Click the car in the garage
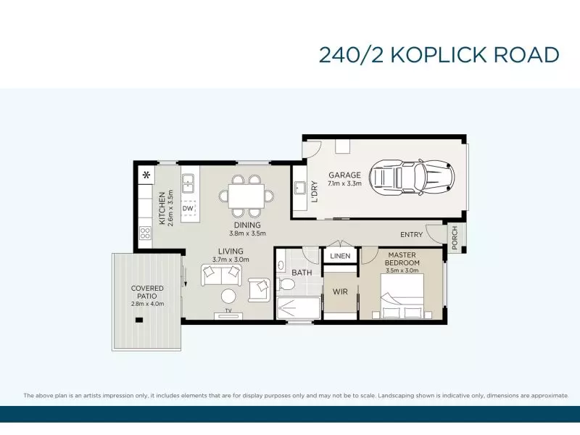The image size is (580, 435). (413, 177)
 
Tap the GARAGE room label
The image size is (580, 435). (344, 175)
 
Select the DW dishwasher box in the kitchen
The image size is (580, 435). (188, 208)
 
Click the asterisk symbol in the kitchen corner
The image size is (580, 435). (147, 175)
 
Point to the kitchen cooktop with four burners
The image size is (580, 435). (145, 233)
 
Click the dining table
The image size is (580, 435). (246, 196)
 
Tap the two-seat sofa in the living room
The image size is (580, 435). (221, 275)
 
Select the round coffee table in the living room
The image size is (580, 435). (228, 296)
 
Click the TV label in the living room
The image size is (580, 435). (228, 311)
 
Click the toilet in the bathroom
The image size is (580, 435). (286, 284)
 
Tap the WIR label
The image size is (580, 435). (340, 292)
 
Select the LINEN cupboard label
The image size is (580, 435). (340, 256)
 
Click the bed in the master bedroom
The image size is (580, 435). (402, 296)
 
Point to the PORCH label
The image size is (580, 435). (455, 238)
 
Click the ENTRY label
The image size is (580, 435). (411, 234)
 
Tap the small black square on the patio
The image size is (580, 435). (139, 320)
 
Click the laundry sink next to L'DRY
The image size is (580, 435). (299, 188)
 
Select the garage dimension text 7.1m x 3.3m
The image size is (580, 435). (344, 183)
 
